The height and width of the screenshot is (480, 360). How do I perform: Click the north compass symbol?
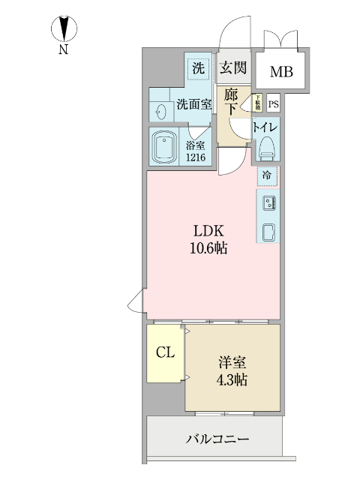click(x=64, y=28)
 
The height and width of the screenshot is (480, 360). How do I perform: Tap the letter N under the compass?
click(x=64, y=51)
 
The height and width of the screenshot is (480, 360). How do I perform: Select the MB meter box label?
click(x=281, y=72)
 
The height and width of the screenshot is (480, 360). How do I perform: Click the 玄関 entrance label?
click(x=232, y=68)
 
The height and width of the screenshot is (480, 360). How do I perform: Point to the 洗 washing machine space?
click(x=198, y=68)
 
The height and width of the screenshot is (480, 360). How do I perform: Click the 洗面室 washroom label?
click(x=193, y=106)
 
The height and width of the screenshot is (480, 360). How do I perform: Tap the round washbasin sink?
click(x=160, y=110)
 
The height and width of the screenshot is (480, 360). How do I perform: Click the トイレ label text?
click(x=267, y=127)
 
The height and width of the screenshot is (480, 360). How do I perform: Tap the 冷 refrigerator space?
click(x=267, y=175)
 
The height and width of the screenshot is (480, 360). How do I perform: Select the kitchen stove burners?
click(x=268, y=202)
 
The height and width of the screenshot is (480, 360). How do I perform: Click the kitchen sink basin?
click(x=268, y=231)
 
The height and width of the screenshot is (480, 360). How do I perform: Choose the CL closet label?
click(x=166, y=352)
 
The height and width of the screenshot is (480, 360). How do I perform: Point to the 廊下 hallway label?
click(x=232, y=102)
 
